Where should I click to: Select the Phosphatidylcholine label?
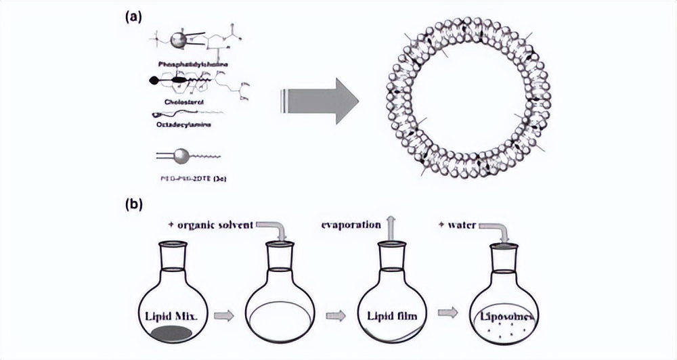(x=192, y=64)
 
